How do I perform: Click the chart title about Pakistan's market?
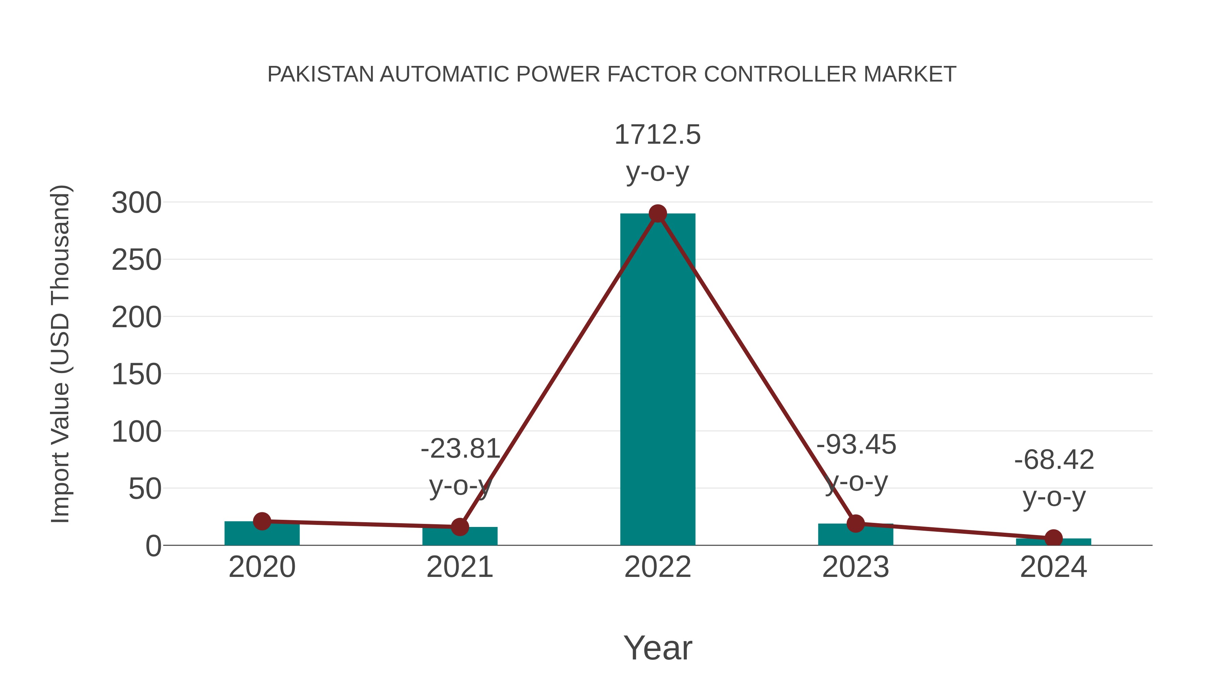click(612, 74)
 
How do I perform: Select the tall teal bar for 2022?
click(658, 380)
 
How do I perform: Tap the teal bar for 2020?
click(262, 534)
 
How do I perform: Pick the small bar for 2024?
click(1053, 542)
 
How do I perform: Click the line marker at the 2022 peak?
click(658, 214)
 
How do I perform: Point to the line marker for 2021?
click(459, 527)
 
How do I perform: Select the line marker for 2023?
click(855, 524)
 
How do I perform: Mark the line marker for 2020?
click(262, 521)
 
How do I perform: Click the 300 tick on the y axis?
click(136, 203)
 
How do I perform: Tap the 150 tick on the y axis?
click(136, 375)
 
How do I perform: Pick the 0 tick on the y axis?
click(153, 546)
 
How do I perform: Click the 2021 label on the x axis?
click(459, 567)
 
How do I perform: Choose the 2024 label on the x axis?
click(1053, 567)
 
